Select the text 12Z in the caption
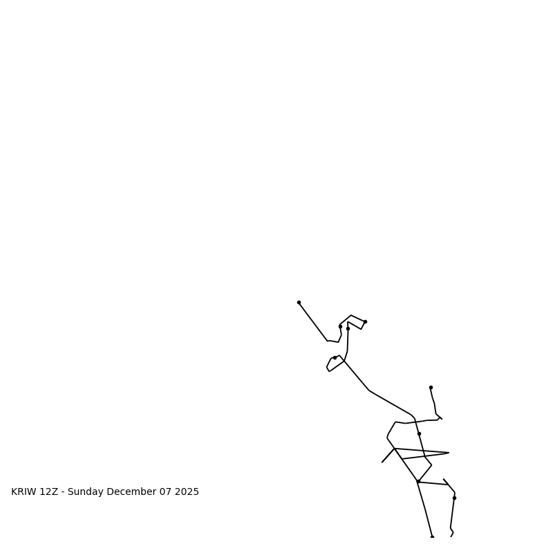tap(48, 492)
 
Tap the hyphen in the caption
tap(63, 492)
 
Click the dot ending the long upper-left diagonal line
tap(299, 302)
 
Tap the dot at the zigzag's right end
tap(365, 321)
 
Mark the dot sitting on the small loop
tap(335, 357)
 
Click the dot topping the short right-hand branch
tap(431, 387)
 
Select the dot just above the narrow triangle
tap(419, 433)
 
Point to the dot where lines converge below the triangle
tap(418, 481)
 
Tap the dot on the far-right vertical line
tap(454, 498)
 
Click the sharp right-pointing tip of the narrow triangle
tap(449, 453)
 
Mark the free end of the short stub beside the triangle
tap(382, 462)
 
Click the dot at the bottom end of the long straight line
tap(432, 536)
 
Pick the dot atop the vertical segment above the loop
tap(348, 328)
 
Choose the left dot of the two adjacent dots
tap(340, 326)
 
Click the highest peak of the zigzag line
tap(351, 315)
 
